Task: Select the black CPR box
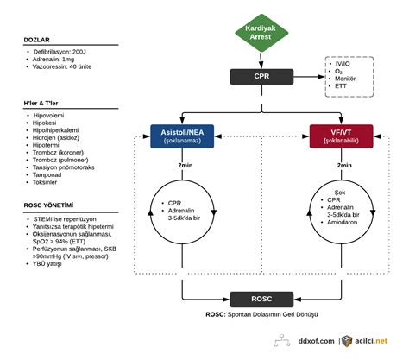point(261,77)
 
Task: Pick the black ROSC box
point(261,298)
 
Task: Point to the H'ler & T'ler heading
point(44,104)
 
